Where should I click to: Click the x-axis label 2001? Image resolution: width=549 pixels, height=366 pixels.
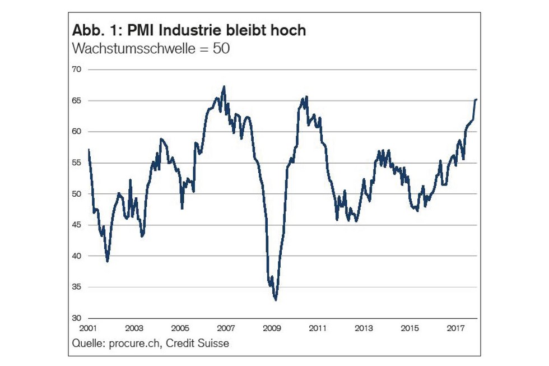(x=89, y=328)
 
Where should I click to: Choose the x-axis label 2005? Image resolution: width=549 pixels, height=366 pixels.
(x=180, y=328)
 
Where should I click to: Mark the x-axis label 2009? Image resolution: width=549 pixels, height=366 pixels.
(x=272, y=328)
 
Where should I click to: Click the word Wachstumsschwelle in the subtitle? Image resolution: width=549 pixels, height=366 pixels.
(x=132, y=48)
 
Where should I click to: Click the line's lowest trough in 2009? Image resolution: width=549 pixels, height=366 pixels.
(x=276, y=300)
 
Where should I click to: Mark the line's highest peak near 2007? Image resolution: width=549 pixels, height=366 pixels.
(x=224, y=86)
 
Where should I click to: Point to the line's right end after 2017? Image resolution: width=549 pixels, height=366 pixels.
(x=476, y=99)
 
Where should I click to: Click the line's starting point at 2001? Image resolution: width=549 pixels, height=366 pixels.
(x=89, y=150)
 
